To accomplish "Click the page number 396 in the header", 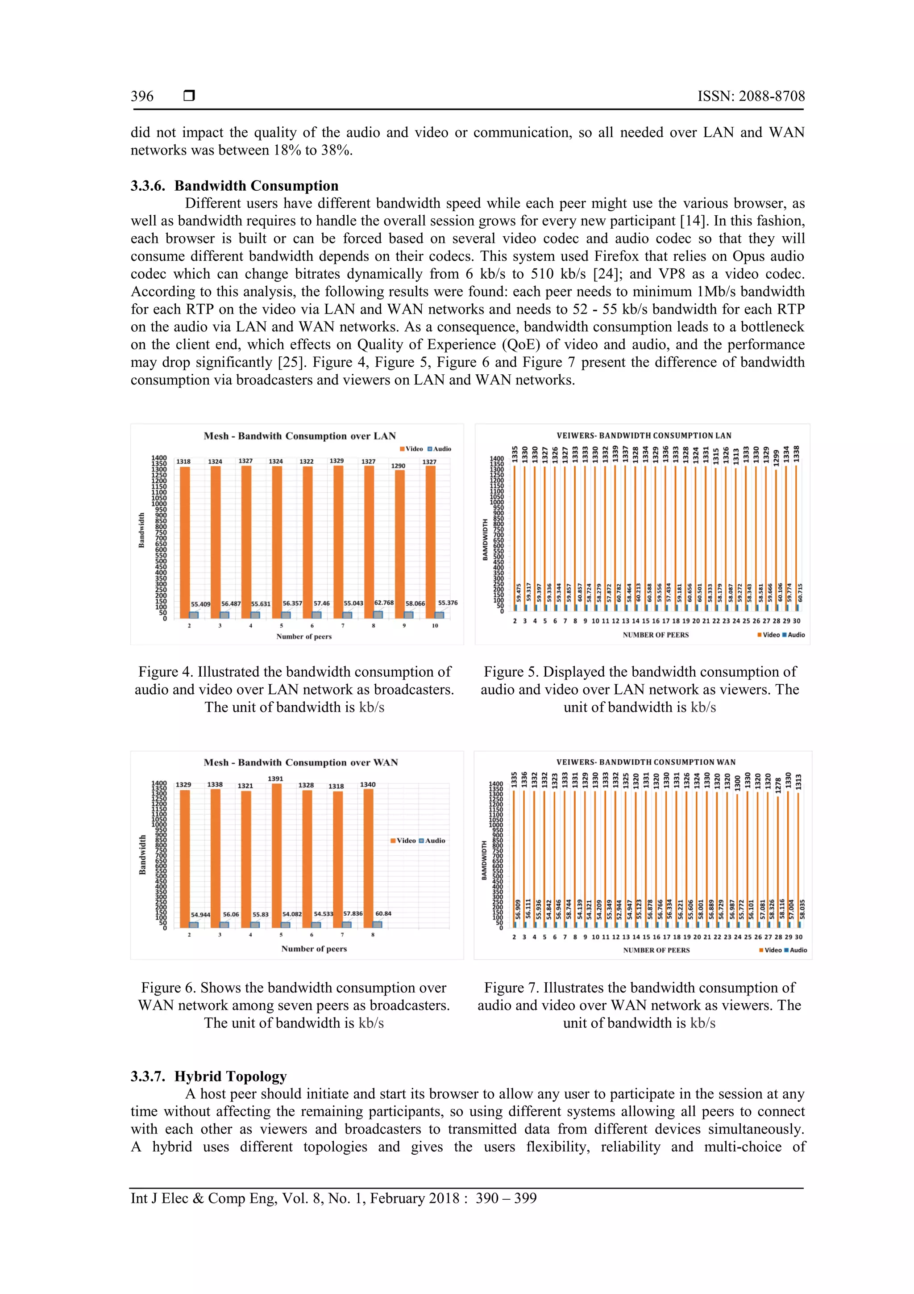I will coord(142,96).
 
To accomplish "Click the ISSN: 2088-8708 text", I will coord(751,96).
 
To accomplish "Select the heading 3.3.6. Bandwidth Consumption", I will coord(234,186).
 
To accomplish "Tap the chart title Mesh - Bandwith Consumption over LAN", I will coord(299,436).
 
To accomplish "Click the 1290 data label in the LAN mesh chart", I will coord(398,466).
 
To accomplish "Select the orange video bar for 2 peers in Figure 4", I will coord(185,541).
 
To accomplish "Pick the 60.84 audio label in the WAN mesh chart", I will coord(383,913).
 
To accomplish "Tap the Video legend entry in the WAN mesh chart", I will coord(403,840).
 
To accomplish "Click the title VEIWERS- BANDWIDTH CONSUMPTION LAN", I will coord(644,436).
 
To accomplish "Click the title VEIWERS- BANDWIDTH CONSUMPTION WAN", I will coord(645,762).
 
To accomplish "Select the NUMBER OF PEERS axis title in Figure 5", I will coord(656,635).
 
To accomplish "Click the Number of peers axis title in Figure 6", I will coord(314,949).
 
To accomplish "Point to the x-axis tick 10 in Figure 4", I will coord(435,626).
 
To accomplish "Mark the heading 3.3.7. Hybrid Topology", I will coord(208,1076).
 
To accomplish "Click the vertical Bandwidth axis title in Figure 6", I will coord(142,854).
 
